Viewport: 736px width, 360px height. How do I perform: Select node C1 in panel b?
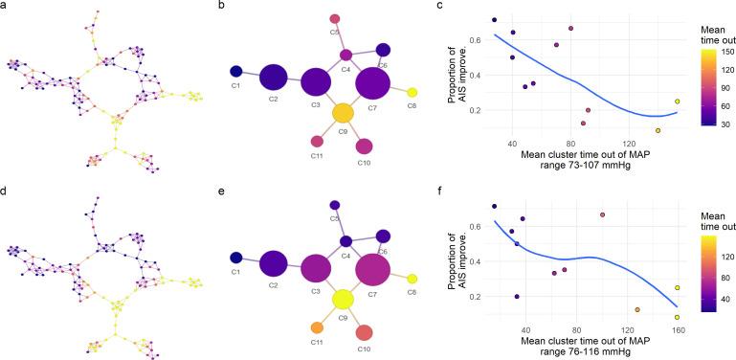click(x=235, y=71)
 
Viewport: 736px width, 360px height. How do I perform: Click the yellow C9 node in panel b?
click(x=343, y=113)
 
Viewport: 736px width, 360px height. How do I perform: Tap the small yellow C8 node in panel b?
click(x=412, y=92)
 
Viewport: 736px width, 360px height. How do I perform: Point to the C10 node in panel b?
click(x=364, y=146)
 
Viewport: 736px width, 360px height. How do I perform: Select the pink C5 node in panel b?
click(x=335, y=18)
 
